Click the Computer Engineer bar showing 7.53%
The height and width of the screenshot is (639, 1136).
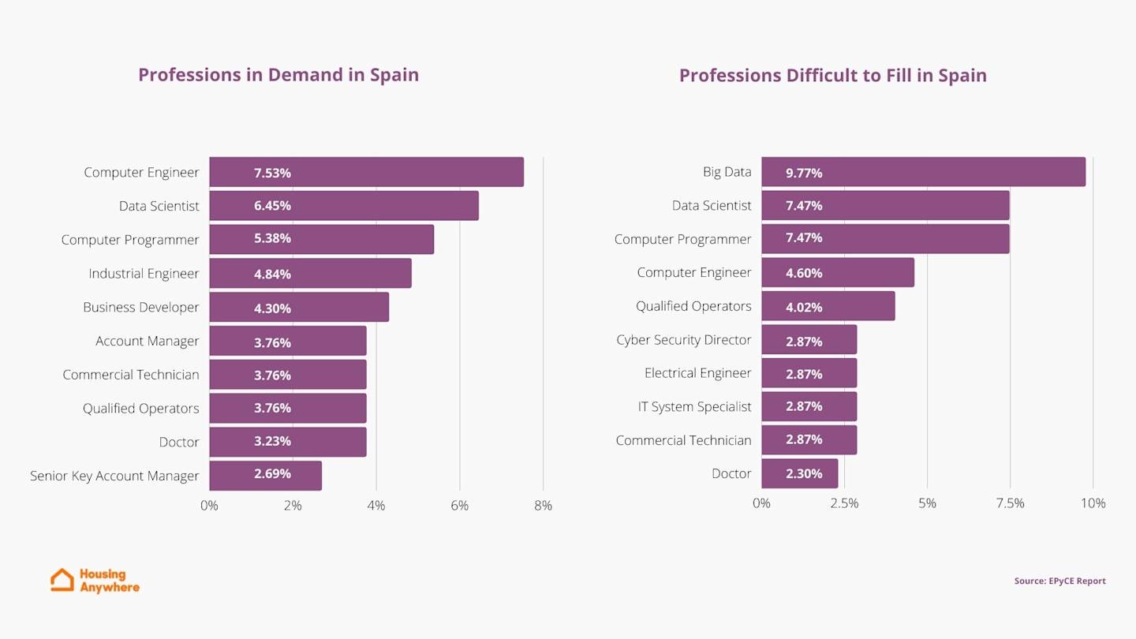tap(366, 172)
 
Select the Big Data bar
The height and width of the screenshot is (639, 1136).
tap(923, 172)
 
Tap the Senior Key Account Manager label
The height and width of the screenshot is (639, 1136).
tap(114, 476)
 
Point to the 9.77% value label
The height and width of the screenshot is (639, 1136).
tap(804, 173)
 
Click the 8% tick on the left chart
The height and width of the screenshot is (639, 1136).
tap(543, 506)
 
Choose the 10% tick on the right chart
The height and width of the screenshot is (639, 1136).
tap(1093, 503)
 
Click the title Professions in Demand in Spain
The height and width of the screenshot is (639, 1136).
tap(278, 75)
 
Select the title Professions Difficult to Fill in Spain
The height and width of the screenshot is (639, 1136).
tap(832, 76)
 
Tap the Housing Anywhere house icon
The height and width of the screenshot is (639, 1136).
tap(62, 580)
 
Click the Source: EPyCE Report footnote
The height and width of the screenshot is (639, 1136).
tap(1059, 581)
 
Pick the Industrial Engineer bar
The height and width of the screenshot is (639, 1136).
tap(310, 273)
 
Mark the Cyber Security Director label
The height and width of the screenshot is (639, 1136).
tap(683, 340)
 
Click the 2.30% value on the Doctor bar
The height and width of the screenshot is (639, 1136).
tap(804, 474)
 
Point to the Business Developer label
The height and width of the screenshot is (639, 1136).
tap(141, 307)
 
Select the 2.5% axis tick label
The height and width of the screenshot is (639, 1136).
tap(844, 503)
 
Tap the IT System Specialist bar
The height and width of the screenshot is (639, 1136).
tap(809, 406)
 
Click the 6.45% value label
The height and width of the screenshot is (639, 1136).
tap(272, 206)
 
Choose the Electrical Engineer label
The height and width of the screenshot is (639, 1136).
tap(697, 373)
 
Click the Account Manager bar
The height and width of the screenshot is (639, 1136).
tap(288, 341)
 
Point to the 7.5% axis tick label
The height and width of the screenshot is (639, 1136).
tap(1010, 503)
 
